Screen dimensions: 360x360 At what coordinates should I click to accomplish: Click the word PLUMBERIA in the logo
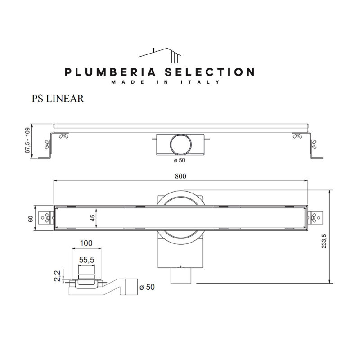pyautogui.click(x=110, y=72)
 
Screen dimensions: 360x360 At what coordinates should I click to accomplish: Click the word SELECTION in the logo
pyautogui.click(x=210, y=72)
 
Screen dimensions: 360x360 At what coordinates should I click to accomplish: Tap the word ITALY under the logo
pyautogui.click(x=200, y=82)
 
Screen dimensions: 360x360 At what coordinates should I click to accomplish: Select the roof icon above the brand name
pyautogui.click(x=160, y=55)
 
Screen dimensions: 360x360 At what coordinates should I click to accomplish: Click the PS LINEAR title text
pyautogui.click(x=58, y=99)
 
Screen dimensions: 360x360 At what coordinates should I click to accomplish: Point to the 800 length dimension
pyautogui.click(x=180, y=176)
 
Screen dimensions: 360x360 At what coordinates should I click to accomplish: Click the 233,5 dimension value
pyautogui.click(x=324, y=241)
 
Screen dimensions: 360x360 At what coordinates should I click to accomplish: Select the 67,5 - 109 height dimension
pyautogui.click(x=27, y=140)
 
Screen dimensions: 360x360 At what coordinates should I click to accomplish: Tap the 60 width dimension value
pyautogui.click(x=31, y=219)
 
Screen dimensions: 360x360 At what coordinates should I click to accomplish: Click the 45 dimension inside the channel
pyautogui.click(x=92, y=218)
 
